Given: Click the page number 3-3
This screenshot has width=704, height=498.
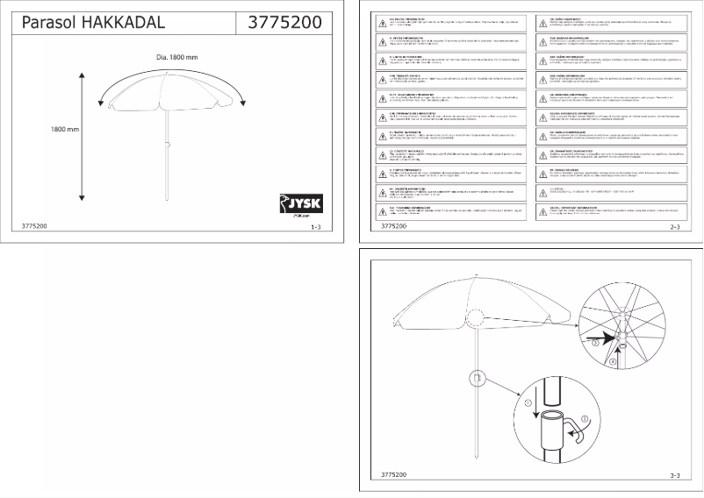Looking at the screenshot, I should (676, 474).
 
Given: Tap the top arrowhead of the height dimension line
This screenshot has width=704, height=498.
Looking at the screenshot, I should (82, 76).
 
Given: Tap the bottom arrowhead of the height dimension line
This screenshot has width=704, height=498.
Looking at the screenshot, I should (82, 202).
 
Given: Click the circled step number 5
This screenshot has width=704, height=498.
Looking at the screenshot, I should (594, 345).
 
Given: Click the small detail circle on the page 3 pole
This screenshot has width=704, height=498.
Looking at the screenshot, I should (477, 378).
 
